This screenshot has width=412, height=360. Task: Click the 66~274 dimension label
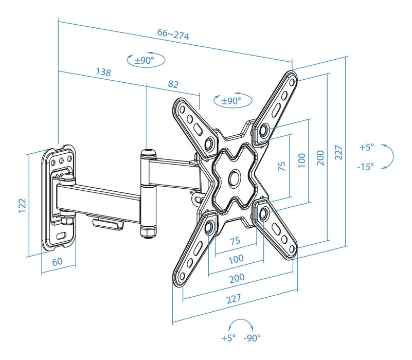(x=173, y=35)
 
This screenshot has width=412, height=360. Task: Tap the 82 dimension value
(x=174, y=83)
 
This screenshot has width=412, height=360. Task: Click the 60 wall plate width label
(x=57, y=261)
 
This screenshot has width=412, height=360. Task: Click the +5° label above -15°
(x=366, y=147)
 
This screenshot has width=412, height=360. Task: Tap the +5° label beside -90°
(x=228, y=338)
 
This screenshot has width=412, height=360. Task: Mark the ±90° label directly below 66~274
(x=144, y=60)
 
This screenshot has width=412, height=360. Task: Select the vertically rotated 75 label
(x=281, y=166)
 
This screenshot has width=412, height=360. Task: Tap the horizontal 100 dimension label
(x=236, y=259)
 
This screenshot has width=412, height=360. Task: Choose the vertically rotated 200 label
(x=319, y=157)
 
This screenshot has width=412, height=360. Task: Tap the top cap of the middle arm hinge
(x=148, y=152)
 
